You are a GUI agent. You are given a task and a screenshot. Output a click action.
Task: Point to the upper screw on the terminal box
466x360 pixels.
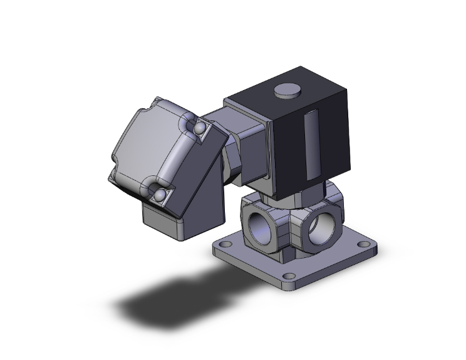click(x=199, y=129)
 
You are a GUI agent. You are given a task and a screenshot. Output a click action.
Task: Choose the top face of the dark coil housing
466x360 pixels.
click(x=288, y=100)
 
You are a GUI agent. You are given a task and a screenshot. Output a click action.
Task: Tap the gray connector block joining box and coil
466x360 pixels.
click(x=251, y=150)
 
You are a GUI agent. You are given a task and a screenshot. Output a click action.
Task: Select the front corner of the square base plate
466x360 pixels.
click(x=289, y=285)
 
